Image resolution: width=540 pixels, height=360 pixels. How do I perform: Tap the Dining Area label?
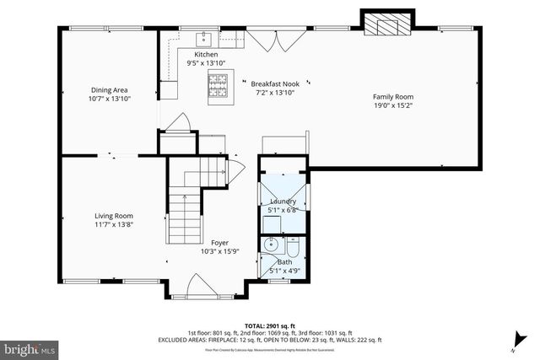click(110, 89)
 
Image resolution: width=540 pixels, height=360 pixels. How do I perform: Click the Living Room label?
click(114, 217)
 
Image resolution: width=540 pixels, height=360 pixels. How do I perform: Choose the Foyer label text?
click(219, 243)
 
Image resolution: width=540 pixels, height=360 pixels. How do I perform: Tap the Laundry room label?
click(283, 201)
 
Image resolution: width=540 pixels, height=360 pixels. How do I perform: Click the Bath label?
click(284, 263)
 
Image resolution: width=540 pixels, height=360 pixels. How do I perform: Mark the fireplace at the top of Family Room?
click(389, 25)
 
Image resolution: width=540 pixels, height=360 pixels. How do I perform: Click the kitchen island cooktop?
click(219, 83)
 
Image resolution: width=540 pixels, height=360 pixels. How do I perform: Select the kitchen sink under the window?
click(203, 39)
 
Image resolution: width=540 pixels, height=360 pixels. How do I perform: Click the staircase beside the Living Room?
click(186, 207)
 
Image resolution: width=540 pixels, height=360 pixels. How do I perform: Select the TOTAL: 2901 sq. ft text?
click(268, 325)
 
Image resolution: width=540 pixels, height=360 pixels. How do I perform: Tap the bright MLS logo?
click(30, 347)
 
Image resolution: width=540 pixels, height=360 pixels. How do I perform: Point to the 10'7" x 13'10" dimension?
click(110, 98)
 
